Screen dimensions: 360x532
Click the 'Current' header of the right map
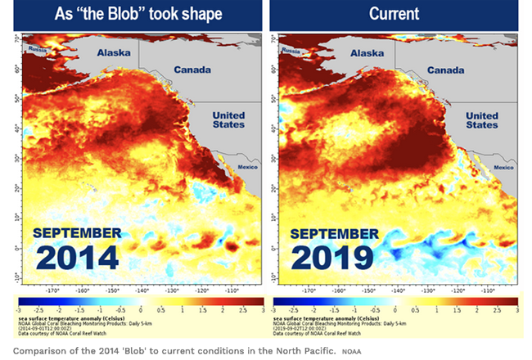(x=395, y=15)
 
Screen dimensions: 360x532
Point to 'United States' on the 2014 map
(x=228, y=120)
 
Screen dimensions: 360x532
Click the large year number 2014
(x=76, y=259)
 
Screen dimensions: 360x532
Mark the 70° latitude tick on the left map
(x=17, y=38)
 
